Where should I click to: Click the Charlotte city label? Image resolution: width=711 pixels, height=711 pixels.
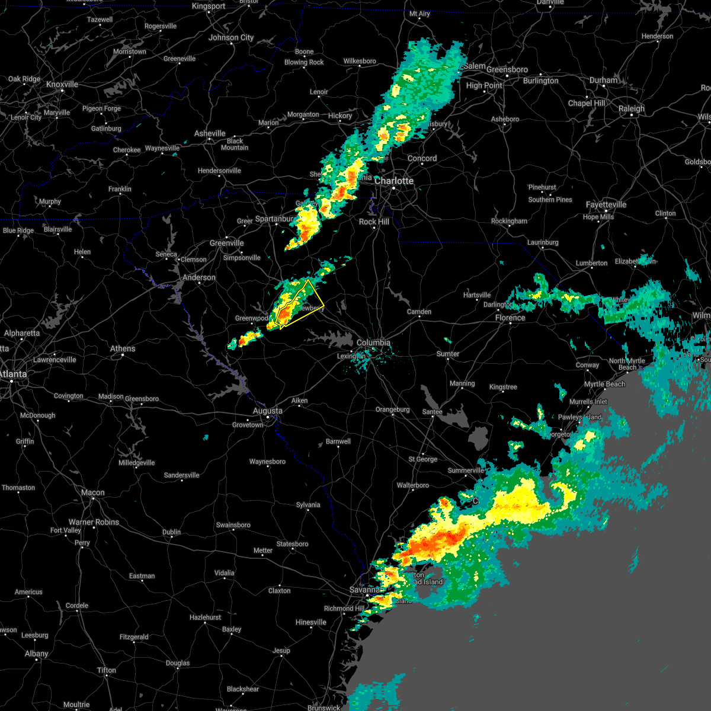(x=394, y=181)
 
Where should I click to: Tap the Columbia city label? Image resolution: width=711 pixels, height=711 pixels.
(x=373, y=342)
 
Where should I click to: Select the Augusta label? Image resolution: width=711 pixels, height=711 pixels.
(x=267, y=411)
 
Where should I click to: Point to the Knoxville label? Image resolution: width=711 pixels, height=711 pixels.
(x=62, y=85)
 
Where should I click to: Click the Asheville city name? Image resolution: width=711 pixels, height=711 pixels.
(x=210, y=134)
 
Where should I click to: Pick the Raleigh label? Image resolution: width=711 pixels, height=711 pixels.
(x=632, y=108)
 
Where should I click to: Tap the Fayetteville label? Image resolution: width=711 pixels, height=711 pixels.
(x=606, y=205)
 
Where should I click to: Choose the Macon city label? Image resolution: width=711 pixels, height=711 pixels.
(x=92, y=492)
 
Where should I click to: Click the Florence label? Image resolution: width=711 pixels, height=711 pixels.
(x=510, y=318)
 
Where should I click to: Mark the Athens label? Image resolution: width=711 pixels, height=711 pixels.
(x=123, y=348)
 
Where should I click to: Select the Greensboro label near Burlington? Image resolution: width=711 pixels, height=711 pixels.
(x=507, y=69)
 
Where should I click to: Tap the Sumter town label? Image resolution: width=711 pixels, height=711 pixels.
(x=448, y=354)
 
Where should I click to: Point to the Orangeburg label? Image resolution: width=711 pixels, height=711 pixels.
(x=393, y=409)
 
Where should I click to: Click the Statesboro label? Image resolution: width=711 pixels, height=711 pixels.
(x=293, y=544)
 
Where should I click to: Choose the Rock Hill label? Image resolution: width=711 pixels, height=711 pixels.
(x=374, y=222)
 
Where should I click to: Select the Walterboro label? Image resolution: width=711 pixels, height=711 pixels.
(x=413, y=485)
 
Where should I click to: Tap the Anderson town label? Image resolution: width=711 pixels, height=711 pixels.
(x=199, y=277)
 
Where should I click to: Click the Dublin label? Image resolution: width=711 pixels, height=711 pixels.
(x=172, y=532)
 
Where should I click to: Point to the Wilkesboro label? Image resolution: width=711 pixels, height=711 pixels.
(x=360, y=61)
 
